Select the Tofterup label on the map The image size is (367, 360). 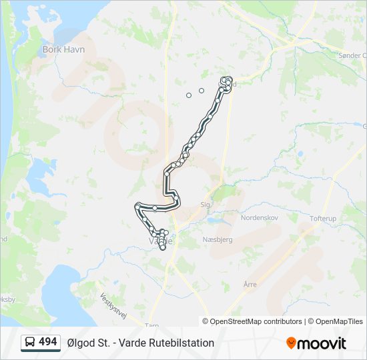(326, 218)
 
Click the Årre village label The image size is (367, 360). (250, 285)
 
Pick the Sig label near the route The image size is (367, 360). (205, 205)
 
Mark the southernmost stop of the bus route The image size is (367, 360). (162, 248)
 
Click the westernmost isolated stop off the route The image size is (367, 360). (189, 95)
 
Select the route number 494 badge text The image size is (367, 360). (48, 342)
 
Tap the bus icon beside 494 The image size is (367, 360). (30, 343)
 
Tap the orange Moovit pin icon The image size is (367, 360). (291, 343)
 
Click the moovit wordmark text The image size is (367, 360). (322, 343)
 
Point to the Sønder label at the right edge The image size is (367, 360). (351, 56)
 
